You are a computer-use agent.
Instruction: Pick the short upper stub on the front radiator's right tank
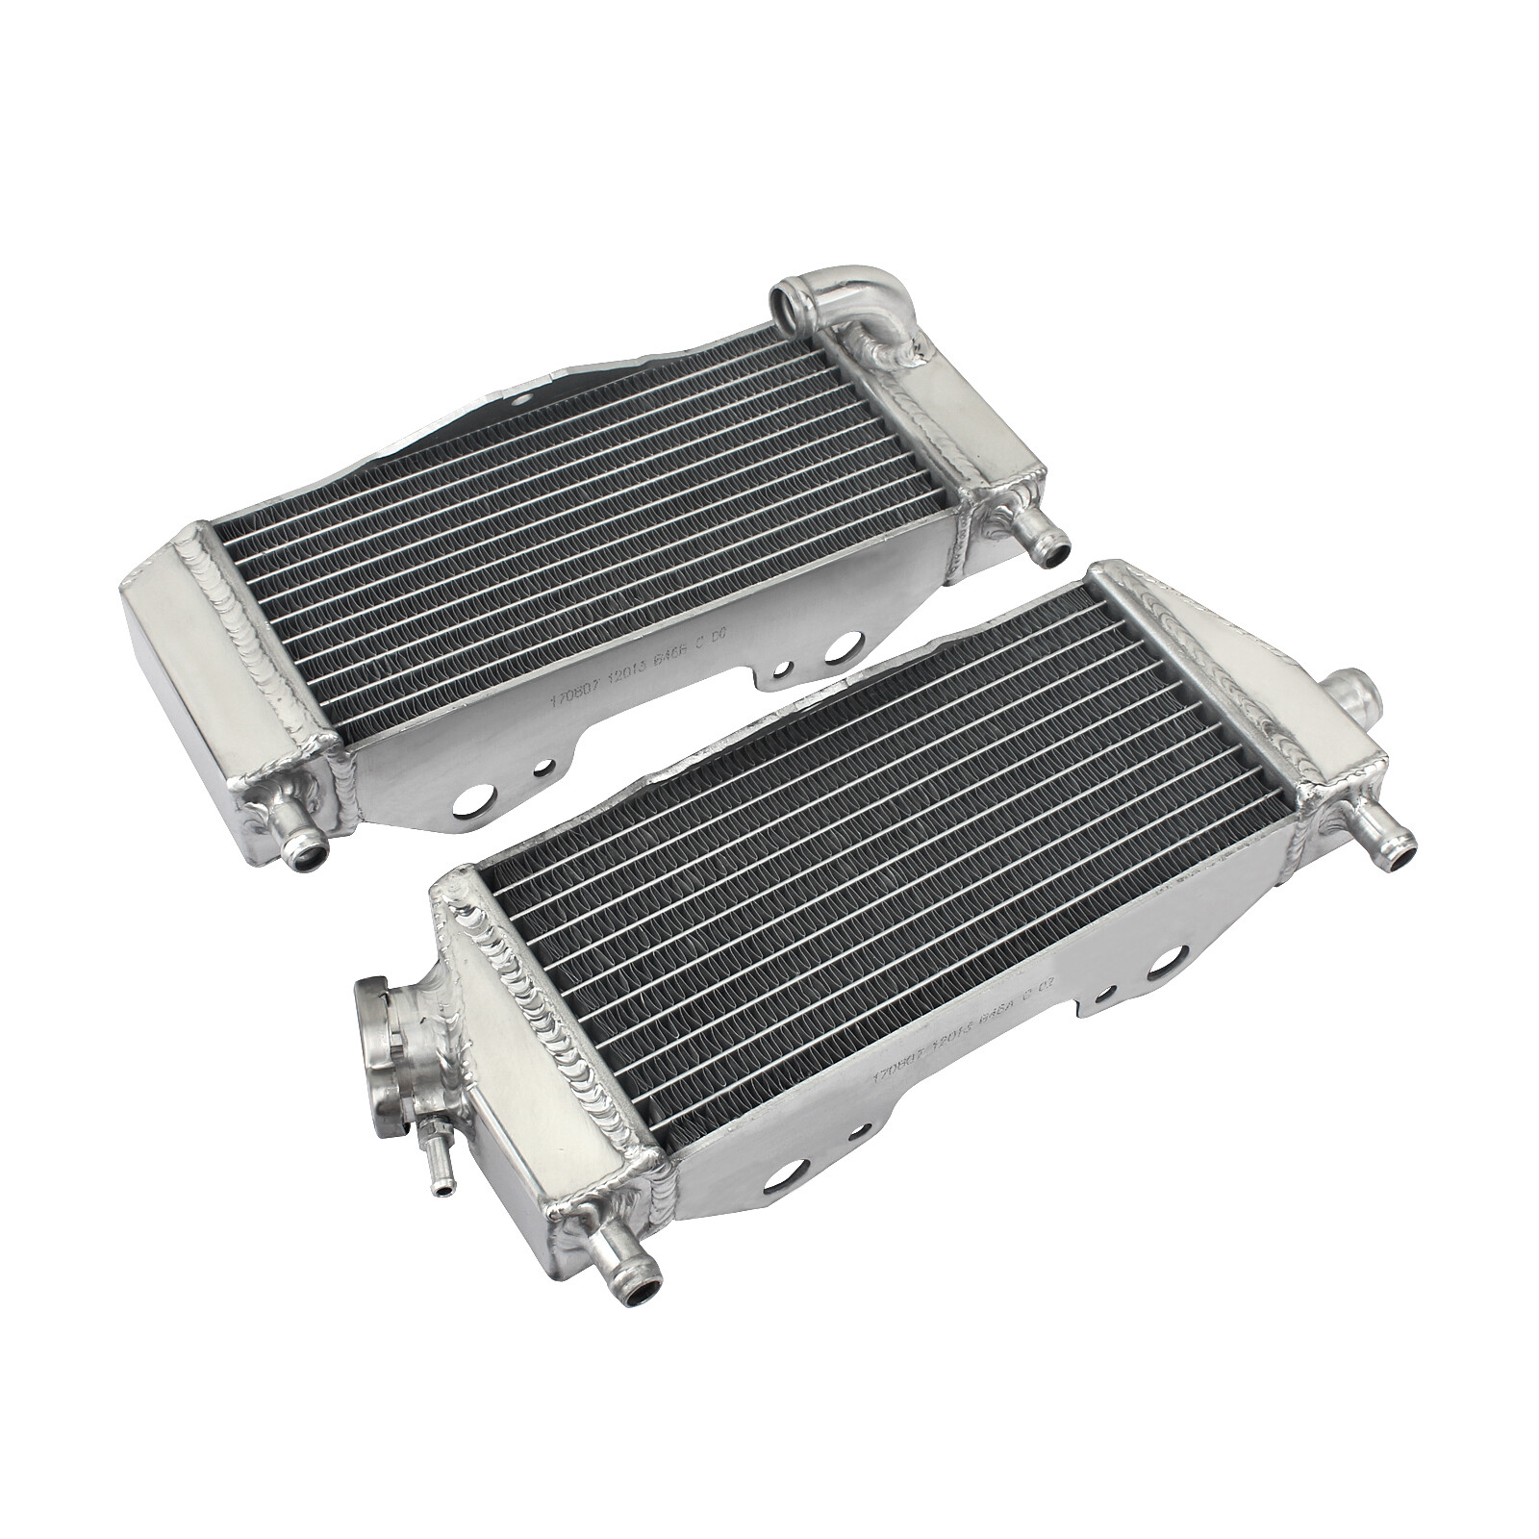click(1350, 694)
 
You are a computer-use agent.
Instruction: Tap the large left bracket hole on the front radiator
click(784, 1173)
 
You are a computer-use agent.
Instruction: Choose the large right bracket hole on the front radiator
click(1165, 958)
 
